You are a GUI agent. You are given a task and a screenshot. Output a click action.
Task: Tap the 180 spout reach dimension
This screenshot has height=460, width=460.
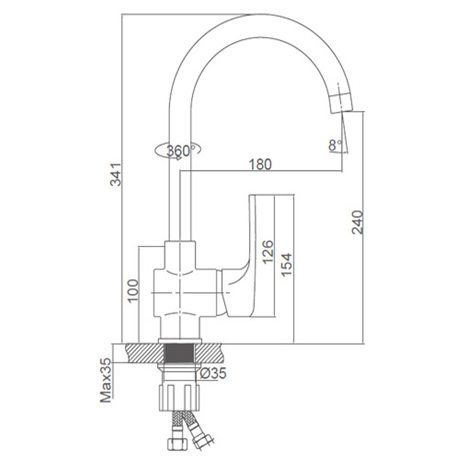[260, 164]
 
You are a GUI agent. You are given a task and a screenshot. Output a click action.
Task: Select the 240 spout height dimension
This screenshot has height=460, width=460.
[357, 222]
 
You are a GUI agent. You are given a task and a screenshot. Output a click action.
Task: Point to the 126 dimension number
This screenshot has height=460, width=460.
[268, 252]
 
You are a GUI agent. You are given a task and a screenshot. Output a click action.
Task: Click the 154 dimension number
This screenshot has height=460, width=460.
[286, 264]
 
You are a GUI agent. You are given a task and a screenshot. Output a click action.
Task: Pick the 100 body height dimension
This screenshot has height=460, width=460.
[133, 290]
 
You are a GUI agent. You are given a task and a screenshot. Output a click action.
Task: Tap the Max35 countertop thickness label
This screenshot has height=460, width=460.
[106, 380]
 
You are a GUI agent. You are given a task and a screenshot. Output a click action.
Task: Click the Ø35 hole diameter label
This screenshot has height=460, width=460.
[213, 373]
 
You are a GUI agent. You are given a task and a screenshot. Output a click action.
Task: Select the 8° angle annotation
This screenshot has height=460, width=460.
[335, 145]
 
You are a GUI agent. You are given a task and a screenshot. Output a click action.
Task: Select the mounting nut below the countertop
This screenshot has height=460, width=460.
[179, 397]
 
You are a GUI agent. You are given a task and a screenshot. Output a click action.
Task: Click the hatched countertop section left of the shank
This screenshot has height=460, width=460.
[145, 353]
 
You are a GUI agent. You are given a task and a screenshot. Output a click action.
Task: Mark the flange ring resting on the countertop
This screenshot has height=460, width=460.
[180, 340]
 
